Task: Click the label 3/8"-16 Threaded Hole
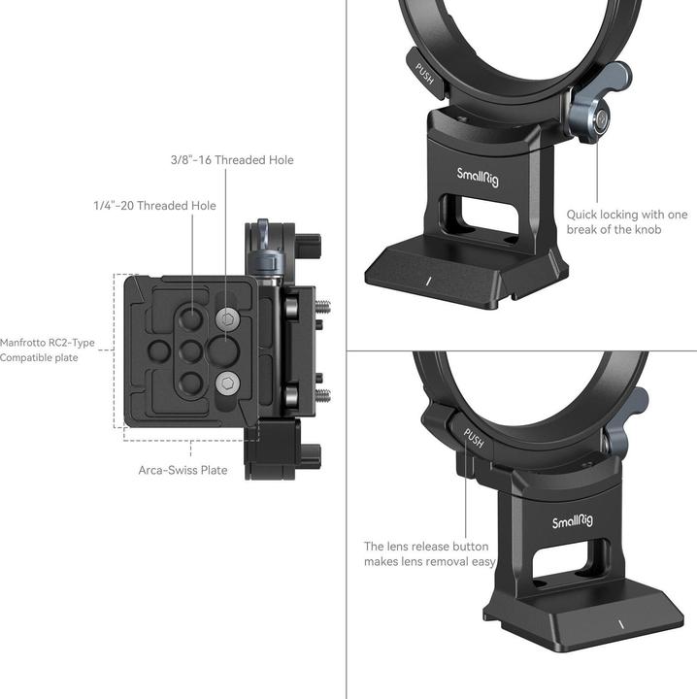pyautogui.click(x=232, y=159)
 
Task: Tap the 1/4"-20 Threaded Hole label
pyautogui.click(x=154, y=206)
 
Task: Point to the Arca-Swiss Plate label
pyautogui.click(x=183, y=470)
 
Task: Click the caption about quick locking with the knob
pyautogui.click(x=627, y=221)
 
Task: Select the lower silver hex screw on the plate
pyautogui.click(x=228, y=383)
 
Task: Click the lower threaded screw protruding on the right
pyautogui.click(x=323, y=395)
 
